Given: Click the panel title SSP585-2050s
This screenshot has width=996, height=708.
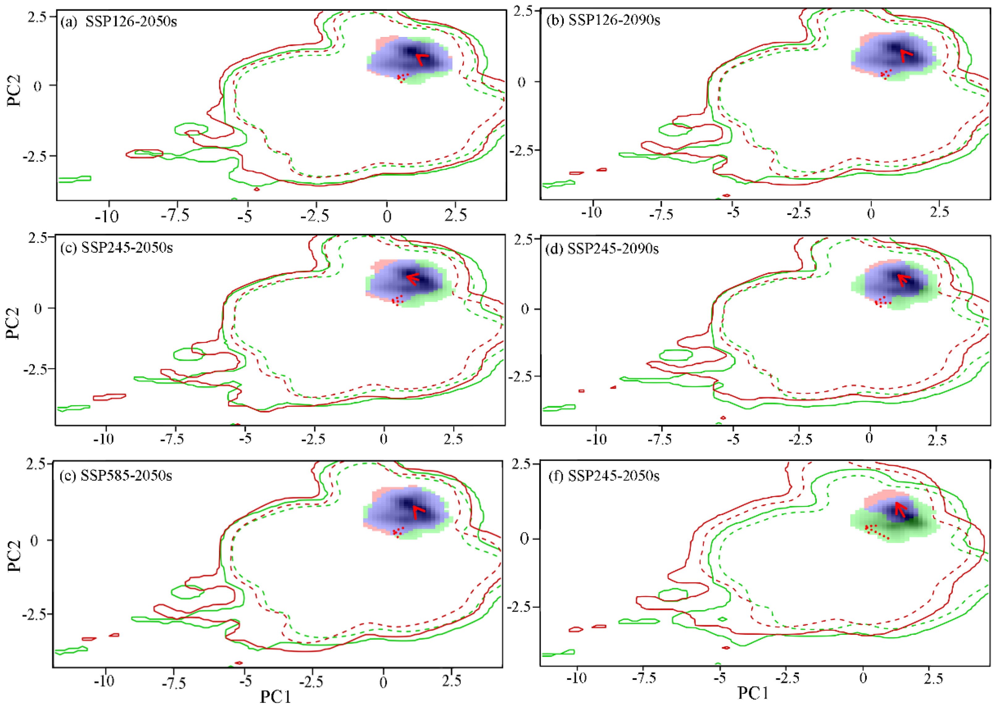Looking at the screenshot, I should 126,475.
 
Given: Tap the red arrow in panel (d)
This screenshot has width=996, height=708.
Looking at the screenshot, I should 904,279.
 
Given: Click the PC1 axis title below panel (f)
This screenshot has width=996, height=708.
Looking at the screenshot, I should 753,692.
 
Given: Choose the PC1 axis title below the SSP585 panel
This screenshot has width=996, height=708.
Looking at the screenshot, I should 275,696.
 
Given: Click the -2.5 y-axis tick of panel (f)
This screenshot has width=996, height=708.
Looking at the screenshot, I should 520,607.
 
